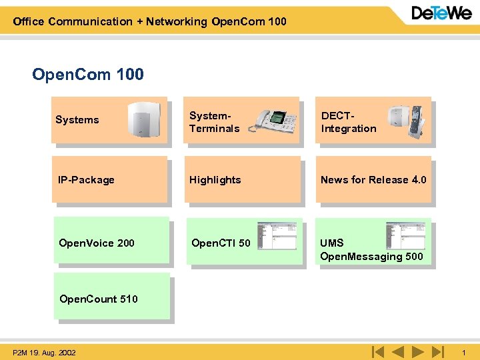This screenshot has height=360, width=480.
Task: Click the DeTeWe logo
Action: pos(441,13)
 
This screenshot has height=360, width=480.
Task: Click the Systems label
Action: pos(77,120)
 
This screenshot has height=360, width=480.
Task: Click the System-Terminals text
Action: pos(214,122)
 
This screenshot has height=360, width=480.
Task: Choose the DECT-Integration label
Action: pos(348,122)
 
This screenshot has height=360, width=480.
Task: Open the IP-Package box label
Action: pos(86,180)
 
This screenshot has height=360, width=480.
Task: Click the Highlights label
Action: pos(215,180)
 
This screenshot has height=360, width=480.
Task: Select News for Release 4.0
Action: pos(373,180)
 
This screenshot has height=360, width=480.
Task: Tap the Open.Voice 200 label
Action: pos(96,243)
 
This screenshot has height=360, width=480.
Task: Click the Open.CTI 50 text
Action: pos(221,243)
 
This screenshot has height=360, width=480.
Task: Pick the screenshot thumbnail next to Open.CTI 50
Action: pos(276,236)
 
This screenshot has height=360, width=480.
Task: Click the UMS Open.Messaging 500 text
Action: pos(371,249)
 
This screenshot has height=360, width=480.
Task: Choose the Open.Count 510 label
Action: pos(99,299)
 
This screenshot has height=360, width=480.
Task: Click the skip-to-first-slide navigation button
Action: pos(377,351)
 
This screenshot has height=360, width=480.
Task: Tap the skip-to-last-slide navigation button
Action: pos(437,351)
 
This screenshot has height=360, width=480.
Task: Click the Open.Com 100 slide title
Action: pos(88,74)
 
